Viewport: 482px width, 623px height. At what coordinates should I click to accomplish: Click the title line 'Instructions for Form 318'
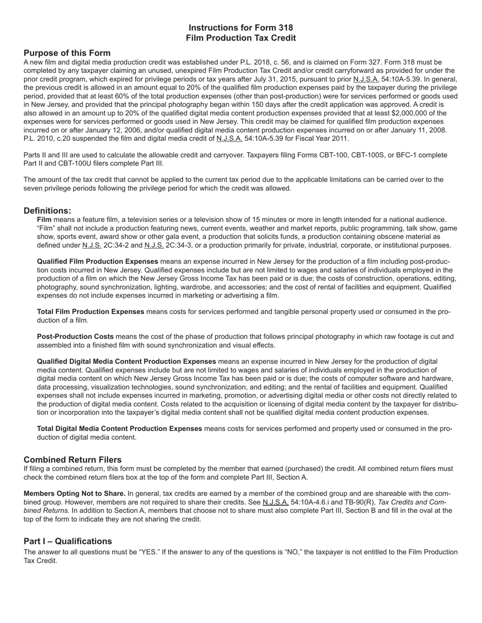click(240, 27)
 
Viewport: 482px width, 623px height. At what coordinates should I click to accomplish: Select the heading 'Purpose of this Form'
click(67, 53)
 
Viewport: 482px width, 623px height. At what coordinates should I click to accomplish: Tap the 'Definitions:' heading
click(47, 210)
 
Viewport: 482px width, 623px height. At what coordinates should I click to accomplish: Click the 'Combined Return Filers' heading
click(73, 459)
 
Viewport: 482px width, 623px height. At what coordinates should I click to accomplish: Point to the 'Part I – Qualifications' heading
click(67, 541)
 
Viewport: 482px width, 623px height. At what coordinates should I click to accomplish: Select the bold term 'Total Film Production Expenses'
click(90, 311)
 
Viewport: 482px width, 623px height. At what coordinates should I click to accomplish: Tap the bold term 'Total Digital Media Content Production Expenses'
click(119, 429)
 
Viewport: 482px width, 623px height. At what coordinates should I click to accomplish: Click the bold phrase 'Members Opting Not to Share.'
click(75, 493)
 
